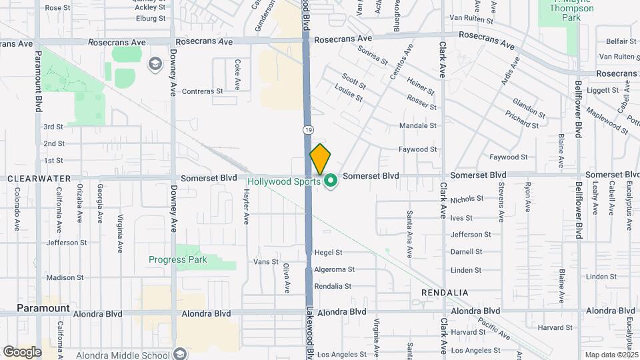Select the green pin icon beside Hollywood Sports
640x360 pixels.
coord(331,181)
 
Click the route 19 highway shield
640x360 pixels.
coord(307,129)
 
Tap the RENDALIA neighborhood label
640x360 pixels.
coord(445,293)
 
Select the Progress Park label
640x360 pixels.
coord(178,259)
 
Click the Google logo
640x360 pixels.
coord(22,351)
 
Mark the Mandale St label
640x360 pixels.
coord(418,125)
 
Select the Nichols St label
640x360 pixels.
coord(467,199)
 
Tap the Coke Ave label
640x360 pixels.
coord(237,75)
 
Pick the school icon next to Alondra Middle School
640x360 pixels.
coord(178,353)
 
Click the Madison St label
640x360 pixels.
coord(65,277)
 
